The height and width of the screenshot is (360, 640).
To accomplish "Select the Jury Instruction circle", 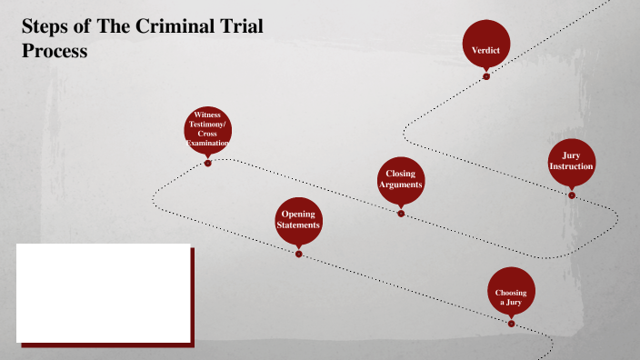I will pyautogui.click(x=572, y=162).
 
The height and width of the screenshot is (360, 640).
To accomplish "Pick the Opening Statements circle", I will pyautogui.click(x=298, y=220).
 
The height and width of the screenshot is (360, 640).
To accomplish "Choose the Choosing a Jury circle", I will pyautogui.click(x=511, y=292).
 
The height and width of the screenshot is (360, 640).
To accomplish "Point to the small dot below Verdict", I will pyautogui.click(x=486, y=76).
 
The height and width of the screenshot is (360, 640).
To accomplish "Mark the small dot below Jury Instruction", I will pyautogui.click(x=572, y=194).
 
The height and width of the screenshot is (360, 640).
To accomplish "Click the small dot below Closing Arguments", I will pyautogui.click(x=401, y=213).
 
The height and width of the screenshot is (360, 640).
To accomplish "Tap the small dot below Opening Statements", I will pyautogui.click(x=298, y=253).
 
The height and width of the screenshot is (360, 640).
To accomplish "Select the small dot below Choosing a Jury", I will pyautogui.click(x=511, y=323).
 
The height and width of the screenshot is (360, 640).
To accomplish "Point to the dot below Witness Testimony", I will pyautogui.click(x=208, y=164).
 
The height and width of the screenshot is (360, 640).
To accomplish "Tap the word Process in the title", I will pyautogui.click(x=55, y=51).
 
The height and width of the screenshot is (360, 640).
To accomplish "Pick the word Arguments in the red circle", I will pyautogui.click(x=401, y=185).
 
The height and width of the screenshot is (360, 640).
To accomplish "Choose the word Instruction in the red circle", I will pyautogui.click(x=572, y=167).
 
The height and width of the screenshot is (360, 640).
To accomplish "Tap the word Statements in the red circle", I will pyautogui.click(x=298, y=225).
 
